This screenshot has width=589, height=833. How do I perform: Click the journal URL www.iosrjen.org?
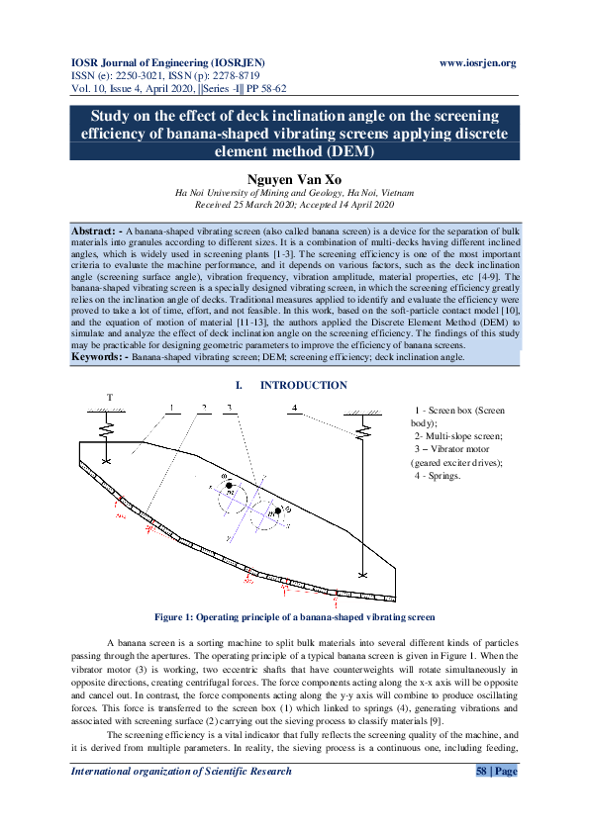pyautogui.click(x=477, y=62)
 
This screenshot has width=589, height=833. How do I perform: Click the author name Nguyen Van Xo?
pyautogui.click(x=294, y=178)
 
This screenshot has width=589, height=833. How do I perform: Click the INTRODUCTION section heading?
pyautogui.click(x=303, y=385)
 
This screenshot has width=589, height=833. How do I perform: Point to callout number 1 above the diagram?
pyautogui.click(x=170, y=408)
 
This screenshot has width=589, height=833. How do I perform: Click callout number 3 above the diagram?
pyautogui.click(x=229, y=408)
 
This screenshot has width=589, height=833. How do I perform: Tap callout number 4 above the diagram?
pyautogui.click(x=295, y=408)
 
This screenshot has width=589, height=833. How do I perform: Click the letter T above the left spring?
pyautogui.click(x=110, y=399)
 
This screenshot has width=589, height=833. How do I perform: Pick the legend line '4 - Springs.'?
pyautogui.click(x=437, y=476)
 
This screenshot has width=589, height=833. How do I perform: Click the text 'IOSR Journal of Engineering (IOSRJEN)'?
pyautogui.click(x=165, y=62)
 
